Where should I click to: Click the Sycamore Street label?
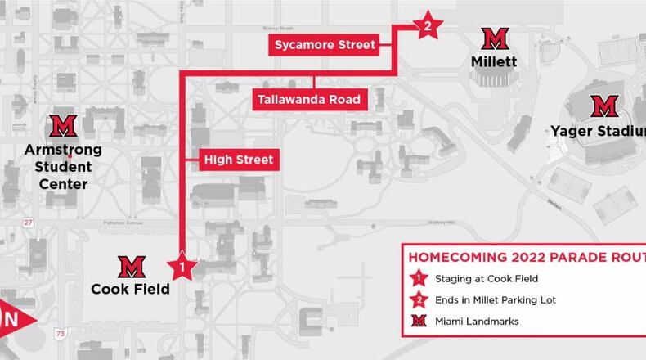point(325,45)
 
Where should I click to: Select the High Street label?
point(238,160)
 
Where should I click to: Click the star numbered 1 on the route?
point(182,265)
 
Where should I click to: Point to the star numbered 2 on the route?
point(426,26)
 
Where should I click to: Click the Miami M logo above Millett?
point(494,38)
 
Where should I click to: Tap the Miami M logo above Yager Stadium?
point(603,106)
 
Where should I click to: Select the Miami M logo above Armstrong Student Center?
point(62,125)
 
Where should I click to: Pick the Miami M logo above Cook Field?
point(131,266)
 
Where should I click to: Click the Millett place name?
point(494,61)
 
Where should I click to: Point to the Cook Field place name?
point(131,289)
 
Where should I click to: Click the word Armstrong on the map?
point(63,150)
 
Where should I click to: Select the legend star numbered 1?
point(419,279)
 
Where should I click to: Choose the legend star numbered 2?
point(419,300)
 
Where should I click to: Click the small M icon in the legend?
point(419,322)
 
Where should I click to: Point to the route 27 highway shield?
point(29,222)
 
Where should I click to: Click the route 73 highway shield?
point(60,333)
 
